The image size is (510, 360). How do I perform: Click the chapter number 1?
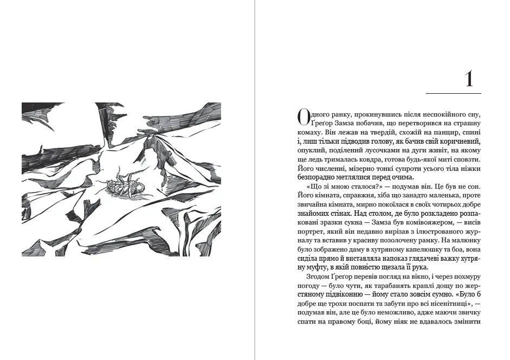point(469,80)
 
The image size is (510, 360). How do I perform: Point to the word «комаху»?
point(311,132)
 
